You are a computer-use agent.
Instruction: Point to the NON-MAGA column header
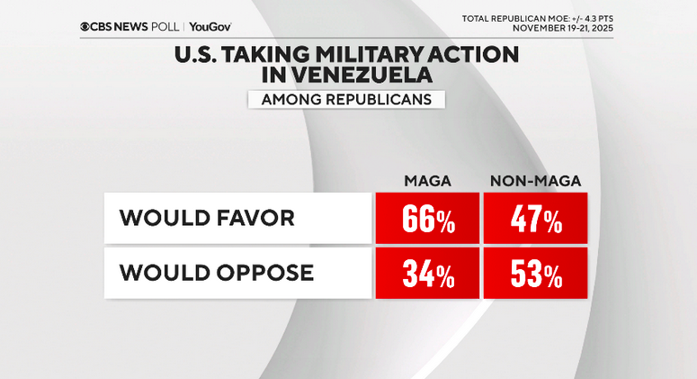pyautogui.click(x=534, y=181)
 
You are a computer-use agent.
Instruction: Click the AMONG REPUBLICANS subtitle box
pyautogui.click(x=346, y=99)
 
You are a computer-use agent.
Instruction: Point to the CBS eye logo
pyautogui.click(x=85, y=27)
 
